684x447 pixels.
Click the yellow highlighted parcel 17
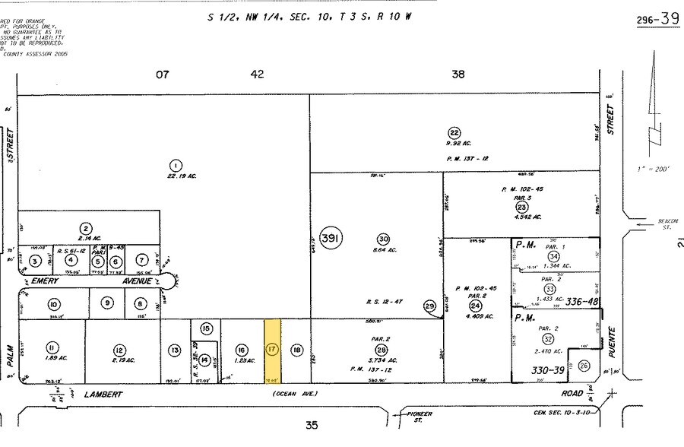pyautogui.click(x=272, y=350)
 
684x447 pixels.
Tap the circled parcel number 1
pyautogui.click(x=176, y=165)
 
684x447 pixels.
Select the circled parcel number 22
pyautogui.click(x=454, y=131)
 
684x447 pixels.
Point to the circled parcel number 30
pyautogui.click(x=383, y=238)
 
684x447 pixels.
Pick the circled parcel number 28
pyautogui.click(x=381, y=350)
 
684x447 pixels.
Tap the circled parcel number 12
pyautogui.click(x=119, y=350)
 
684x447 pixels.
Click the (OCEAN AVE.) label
pyautogui.click(x=293, y=393)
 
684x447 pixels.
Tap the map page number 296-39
pyautogui.click(x=657, y=20)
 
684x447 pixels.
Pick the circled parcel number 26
pyautogui.click(x=583, y=366)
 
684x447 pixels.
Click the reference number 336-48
pyautogui.click(x=581, y=301)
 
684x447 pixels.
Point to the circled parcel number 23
pyautogui.click(x=521, y=207)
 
